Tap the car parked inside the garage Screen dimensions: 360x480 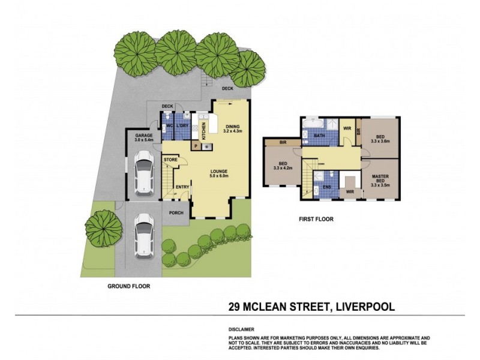point(144,174)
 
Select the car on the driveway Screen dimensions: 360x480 point(144,235)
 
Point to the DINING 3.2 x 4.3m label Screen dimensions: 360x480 point(232,128)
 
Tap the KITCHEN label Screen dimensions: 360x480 point(203,128)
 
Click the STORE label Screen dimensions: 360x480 point(170,160)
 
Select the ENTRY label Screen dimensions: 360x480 point(182,187)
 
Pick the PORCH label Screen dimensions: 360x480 point(176,212)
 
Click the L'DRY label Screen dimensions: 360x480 point(183,126)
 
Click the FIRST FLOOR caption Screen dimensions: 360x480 point(316,219)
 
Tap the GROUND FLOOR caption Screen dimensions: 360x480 point(129,286)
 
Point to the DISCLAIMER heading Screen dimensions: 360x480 point(241,329)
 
